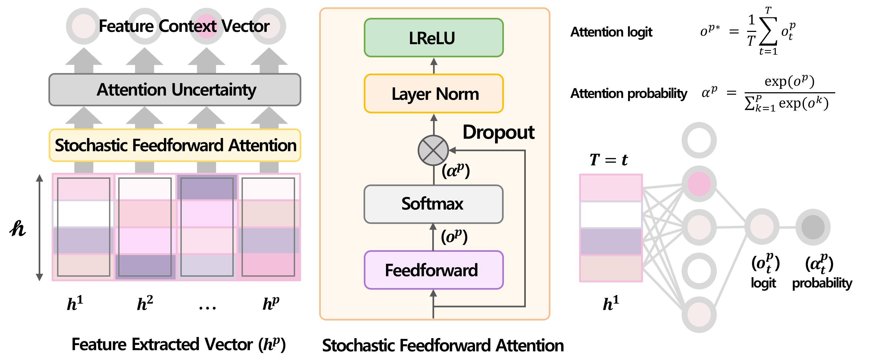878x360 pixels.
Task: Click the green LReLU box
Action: (x=434, y=38)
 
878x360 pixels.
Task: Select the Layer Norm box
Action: (x=434, y=94)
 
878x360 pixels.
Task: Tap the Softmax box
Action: (x=434, y=204)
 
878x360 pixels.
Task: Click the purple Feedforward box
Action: (x=434, y=270)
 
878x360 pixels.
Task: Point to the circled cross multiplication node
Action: (x=433, y=150)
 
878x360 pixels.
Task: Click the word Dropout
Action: (x=498, y=132)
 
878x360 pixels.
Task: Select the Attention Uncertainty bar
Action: (x=175, y=90)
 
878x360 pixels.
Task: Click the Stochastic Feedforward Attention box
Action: (x=175, y=145)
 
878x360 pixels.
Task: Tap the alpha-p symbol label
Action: (x=456, y=170)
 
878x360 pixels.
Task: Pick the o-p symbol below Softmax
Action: (x=454, y=236)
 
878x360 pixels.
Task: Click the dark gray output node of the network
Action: (x=813, y=227)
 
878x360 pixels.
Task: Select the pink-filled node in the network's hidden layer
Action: (x=699, y=184)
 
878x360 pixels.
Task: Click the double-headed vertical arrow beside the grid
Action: (x=39, y=227)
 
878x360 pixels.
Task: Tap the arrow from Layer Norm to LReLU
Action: (x=434, y=65)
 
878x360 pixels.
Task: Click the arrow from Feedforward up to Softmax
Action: (x=433, y=237)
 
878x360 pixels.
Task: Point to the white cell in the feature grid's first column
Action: (x=84, y=214)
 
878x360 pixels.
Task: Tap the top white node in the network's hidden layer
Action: (x=699, y=140)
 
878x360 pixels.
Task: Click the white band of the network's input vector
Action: (x=611, y=215)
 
